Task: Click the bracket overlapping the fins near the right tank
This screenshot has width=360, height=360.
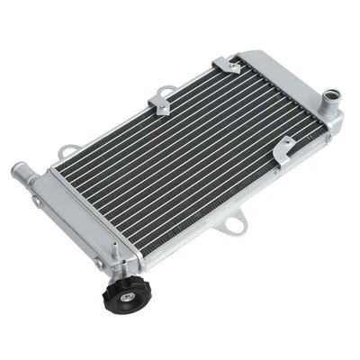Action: click(284, 145)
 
